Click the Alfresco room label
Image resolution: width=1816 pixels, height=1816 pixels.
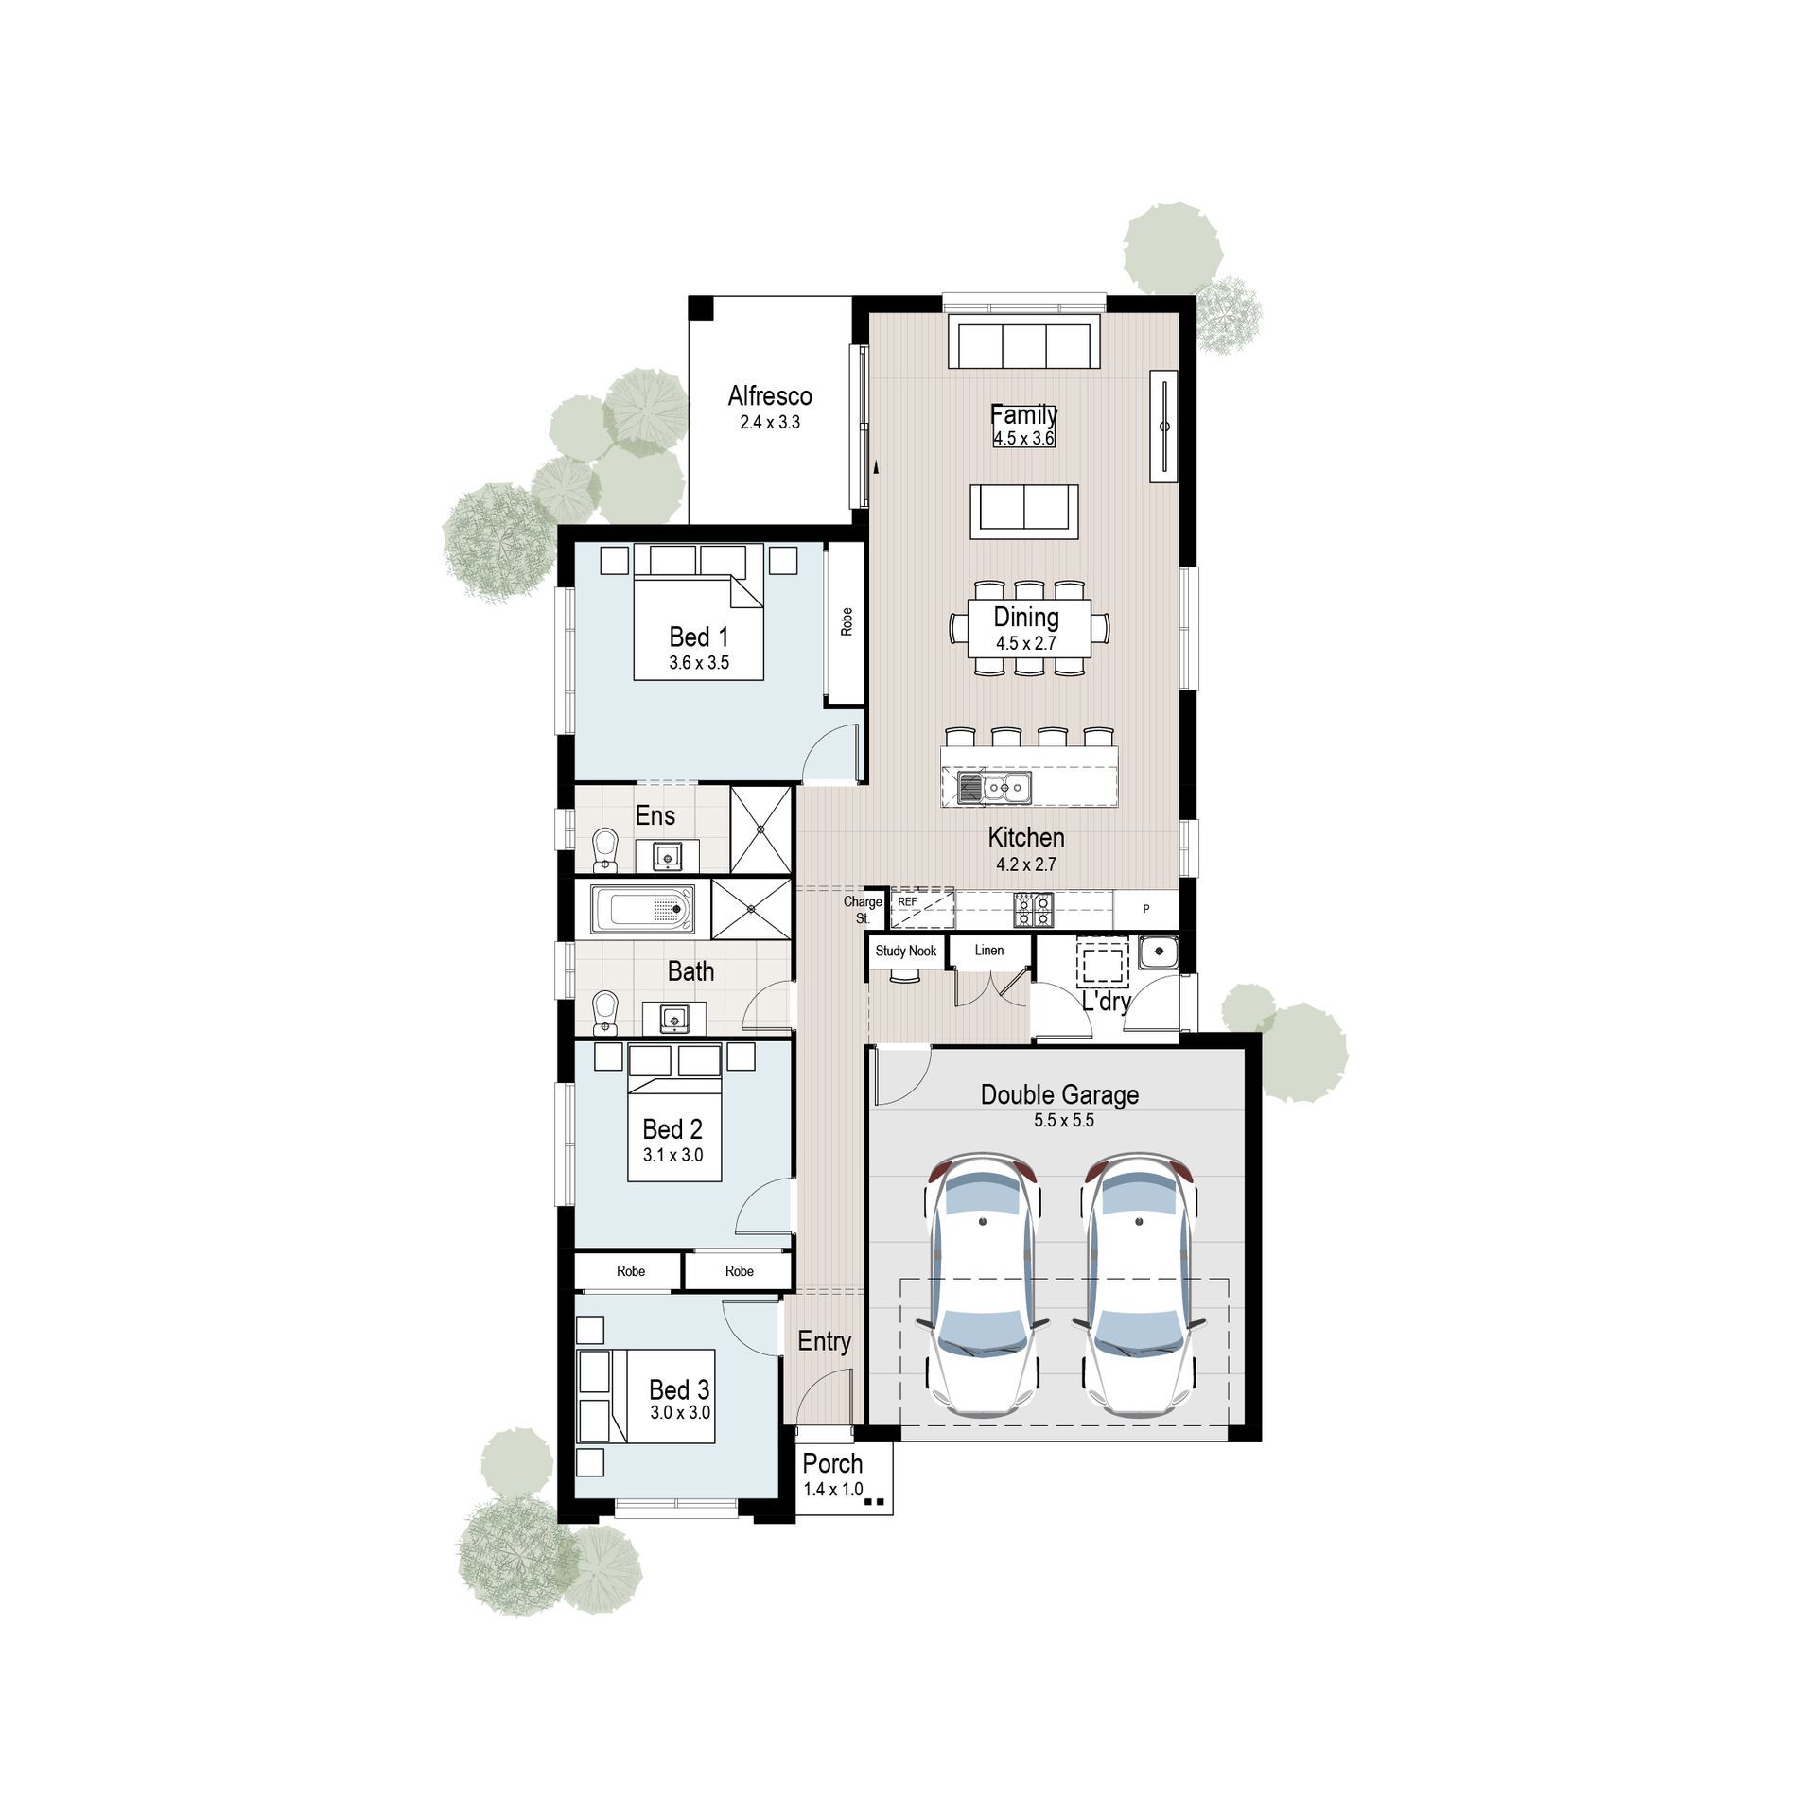[769, 396]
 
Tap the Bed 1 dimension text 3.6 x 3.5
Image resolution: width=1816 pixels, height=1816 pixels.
[699, 663]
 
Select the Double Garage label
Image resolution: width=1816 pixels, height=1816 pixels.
[1059, 1095]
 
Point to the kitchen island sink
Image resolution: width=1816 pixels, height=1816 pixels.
[994, 787]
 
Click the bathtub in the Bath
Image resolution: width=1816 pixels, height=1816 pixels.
[643, 910]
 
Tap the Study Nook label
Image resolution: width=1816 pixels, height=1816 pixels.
[905, 951]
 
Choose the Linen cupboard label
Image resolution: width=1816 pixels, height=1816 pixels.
[989, 950]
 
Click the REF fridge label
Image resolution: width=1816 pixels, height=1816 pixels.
[907, 902]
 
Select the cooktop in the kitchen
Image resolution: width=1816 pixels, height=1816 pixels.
[1033, 910]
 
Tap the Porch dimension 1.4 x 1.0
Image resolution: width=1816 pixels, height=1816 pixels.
[832, 1489]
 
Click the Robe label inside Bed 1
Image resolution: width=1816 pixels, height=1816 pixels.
[847, 621]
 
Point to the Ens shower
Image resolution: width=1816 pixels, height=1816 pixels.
[760, 829]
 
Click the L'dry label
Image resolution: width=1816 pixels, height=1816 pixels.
[1106, 1001]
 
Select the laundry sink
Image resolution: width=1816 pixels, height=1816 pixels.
[1158, 952]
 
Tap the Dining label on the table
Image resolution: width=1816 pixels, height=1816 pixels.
[1026, 618]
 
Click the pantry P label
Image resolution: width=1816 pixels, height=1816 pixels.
[1146, 909]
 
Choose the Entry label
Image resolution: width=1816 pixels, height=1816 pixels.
[824, 1341]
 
